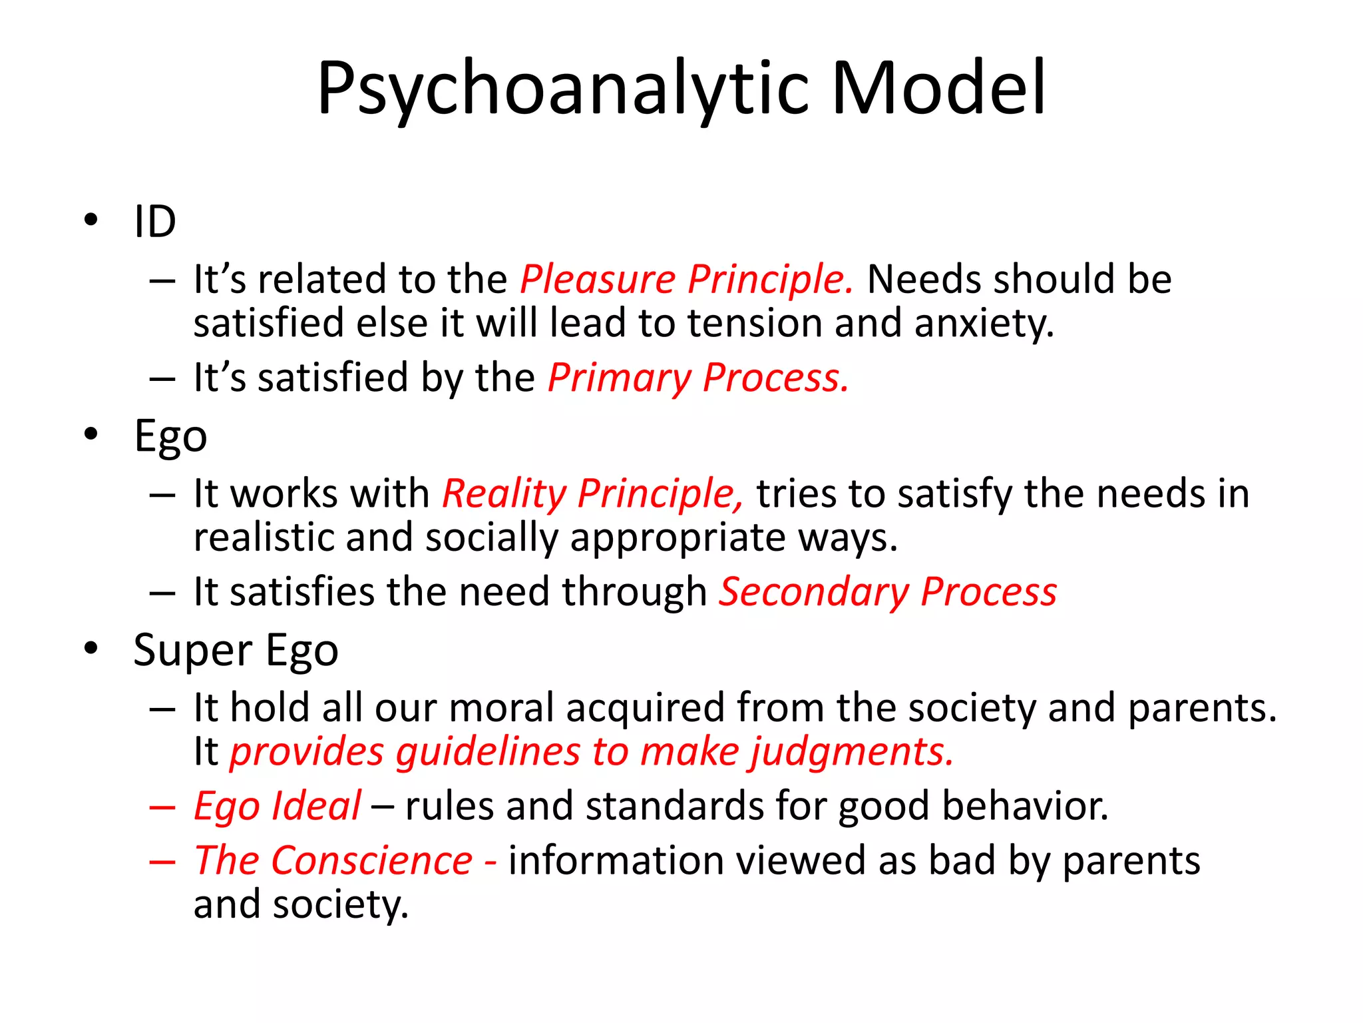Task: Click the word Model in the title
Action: click(x=938, y=90)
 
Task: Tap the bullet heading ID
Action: click(x=154, y=222)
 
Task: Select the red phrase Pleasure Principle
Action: click(x=685, y=279)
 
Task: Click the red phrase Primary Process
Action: click(x=697, y=378)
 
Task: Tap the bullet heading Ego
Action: click(x=170, y=438)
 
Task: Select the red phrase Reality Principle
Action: click(x=592, y=494)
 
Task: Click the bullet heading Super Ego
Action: click(x=236, y=651)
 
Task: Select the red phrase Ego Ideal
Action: click(x=277, y=807)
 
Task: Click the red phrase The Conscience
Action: click(x=333, y=861)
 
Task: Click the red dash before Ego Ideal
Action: click(x=162, y=808)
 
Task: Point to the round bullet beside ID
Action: click(x=91, y=220)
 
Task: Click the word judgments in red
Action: click(x=852, y=753)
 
